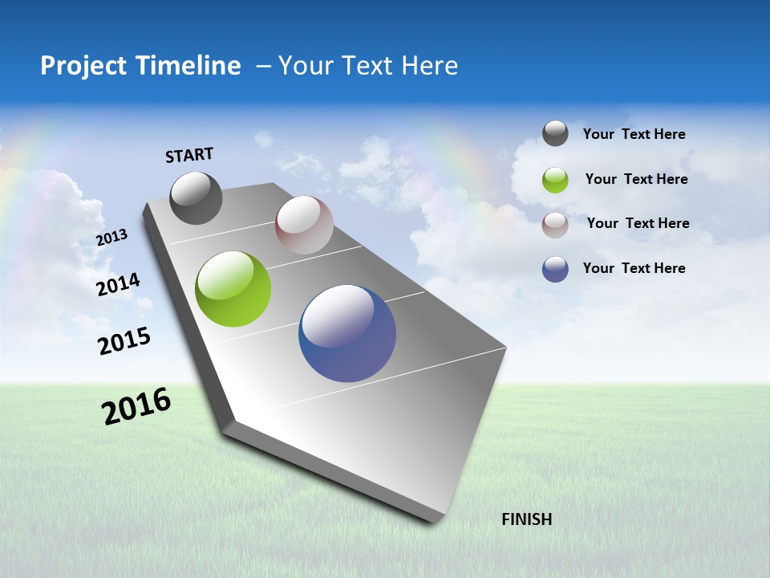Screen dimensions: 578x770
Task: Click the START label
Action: click(x=189, y=154)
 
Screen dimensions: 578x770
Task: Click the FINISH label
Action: click(x=526, y=519)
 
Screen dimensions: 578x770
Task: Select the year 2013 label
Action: click(x=111, y=238)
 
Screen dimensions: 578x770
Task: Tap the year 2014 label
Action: click(x=118, y=284)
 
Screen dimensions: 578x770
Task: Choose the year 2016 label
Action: click(x=136, y=406)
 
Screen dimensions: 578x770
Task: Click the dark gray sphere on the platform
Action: click(x=196, y=198)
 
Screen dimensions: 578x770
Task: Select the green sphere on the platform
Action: click(x=233, y=289)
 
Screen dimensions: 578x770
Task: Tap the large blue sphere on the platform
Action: click(x=347, y=333)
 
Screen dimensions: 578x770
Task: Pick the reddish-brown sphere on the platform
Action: click(x=304, y=225)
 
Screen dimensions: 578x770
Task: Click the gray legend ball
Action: click(x=555, y=134)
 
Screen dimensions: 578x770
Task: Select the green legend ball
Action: click(x=555, y=180)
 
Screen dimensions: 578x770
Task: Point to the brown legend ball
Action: click(x=555, y=225)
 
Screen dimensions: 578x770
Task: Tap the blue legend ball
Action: click(x=555, y=269)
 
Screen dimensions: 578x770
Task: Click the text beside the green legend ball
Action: click(x=636, y=179)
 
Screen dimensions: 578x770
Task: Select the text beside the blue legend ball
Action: click(x=634, y=268)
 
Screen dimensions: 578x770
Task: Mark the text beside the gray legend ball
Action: click(x=634, y=134)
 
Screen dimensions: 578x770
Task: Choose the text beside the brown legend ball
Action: click(x=638, y=223)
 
